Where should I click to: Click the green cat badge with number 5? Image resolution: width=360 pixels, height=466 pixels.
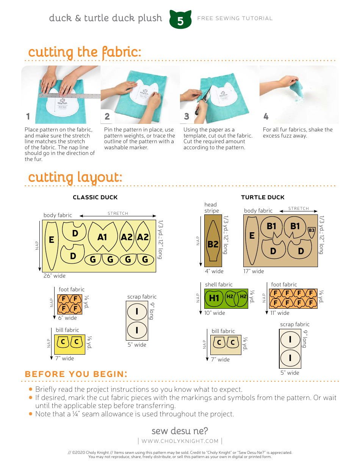[180, 20]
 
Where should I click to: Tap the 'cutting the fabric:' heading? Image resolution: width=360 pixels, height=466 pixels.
[85, 52]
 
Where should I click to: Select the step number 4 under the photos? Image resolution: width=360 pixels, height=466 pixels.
[266, 116]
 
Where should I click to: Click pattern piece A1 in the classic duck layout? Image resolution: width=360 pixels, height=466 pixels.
[102, 237]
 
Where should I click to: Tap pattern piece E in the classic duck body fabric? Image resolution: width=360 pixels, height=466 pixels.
[51, 240]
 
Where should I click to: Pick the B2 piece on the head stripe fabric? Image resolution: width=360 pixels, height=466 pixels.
[213, 244]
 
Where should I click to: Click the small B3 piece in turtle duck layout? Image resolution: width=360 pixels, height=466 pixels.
[311, 230]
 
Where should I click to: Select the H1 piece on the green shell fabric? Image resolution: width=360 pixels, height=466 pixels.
[214, 298]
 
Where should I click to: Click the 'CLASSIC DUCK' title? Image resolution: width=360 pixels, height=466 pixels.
[95, 197]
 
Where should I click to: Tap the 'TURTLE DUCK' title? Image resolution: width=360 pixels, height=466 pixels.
[263, 197]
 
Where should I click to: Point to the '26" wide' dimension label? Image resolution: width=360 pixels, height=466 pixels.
[55, 276]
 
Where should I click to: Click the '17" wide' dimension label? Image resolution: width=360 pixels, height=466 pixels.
[254, 271]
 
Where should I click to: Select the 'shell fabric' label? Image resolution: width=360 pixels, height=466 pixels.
[219, 285]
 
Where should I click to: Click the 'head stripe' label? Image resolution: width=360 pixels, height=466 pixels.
[211, 208]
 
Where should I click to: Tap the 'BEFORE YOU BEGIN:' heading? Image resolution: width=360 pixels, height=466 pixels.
[76, 374]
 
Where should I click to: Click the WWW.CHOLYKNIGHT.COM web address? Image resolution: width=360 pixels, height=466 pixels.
[180, 441]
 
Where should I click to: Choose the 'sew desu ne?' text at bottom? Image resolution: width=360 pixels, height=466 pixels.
[180, 431]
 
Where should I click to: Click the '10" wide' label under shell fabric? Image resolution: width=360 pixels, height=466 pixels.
[214, 313]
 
